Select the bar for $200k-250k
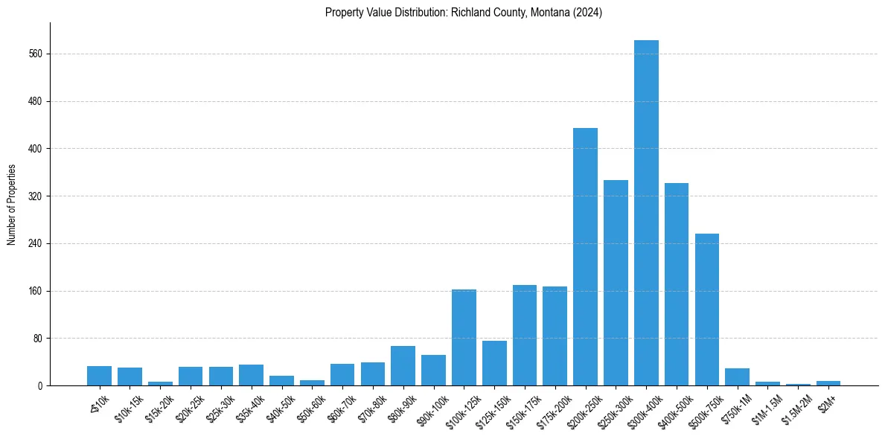click(x=585, y=257)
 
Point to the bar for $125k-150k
click(x=494, y=363)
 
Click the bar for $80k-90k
click(x=403, y=365)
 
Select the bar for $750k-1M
click(x=737, y=376)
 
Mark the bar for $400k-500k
click(x=677, y=284)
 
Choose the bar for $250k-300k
click(x=616, y=283)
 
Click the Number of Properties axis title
click(x=11, y=205)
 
